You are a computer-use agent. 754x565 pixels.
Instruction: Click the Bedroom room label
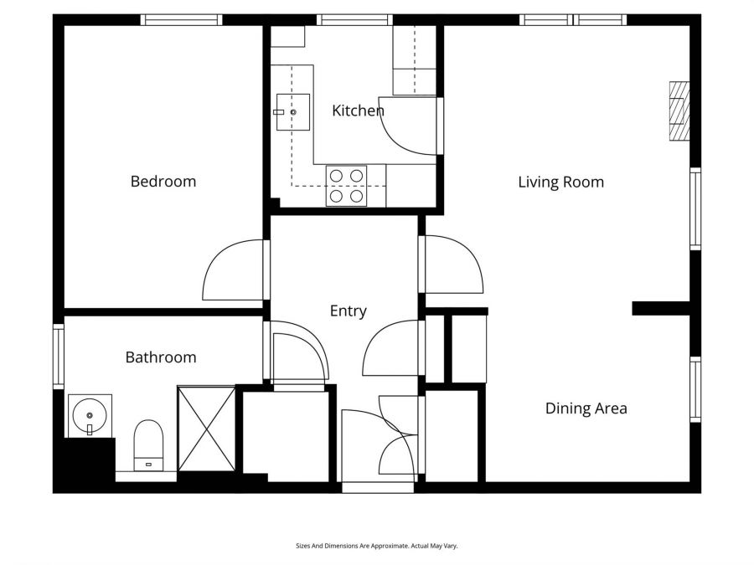(x=163, y=182)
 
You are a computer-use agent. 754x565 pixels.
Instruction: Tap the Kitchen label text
(x=358, y=110)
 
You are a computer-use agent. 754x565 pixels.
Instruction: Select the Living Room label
(x=560, y=182)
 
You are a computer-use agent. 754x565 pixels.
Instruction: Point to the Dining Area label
(x=586, y=408)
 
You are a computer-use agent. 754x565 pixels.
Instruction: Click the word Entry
(x=348, y=311)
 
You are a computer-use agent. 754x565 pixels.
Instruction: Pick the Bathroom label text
(x=161, y=357)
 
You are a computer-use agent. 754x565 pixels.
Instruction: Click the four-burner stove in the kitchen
(x=347, y=186)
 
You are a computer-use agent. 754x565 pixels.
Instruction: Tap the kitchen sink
(x=292, y=110)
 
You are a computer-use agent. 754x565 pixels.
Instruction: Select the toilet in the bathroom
(x=148, y=444)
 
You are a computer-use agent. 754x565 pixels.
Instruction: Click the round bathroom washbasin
(x=89, y=413)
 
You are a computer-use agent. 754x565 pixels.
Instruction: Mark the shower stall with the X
(x=206, y=429)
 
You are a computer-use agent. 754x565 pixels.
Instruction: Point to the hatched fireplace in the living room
(x=679, y=110)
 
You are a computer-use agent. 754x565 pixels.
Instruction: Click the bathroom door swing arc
(x=299, y=352)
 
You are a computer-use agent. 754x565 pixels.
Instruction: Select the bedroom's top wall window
(x=181, y=19)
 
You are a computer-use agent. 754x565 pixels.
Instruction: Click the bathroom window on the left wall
(x=58, y=357)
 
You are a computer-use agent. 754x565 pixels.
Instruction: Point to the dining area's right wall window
(x=695, y=389)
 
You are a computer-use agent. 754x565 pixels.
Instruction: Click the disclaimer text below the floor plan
(x=377, y=546)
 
